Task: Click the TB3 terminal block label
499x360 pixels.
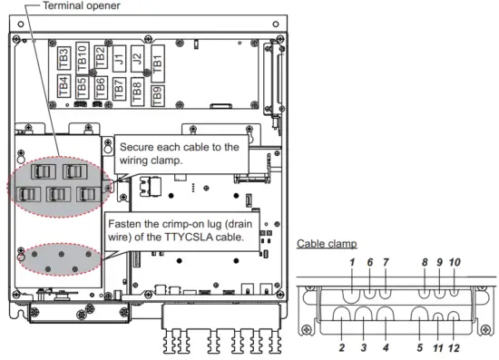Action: tap(64, 58)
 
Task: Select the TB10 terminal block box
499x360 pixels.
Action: tap(82, 59)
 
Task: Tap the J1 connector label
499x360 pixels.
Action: tap(119, 59)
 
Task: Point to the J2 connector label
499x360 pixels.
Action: tap(138, 59)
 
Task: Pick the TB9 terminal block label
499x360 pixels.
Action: tap(158, 96)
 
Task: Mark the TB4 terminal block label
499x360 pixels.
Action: tap(64, 86)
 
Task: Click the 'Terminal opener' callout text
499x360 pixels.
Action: tap(82, 5)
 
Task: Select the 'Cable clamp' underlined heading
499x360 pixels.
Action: tap(327, 244)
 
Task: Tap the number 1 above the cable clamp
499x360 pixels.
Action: tap(352, 262)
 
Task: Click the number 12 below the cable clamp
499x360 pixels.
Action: tap(454, 348)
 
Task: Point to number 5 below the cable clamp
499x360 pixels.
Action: tap(420, 348)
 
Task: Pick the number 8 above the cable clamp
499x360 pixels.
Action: tap(425, 262)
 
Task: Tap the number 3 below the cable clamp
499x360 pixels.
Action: tap(364, 348)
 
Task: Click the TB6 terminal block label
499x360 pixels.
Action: tap(100, 88)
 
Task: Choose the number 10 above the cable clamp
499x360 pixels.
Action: tap(455, 262)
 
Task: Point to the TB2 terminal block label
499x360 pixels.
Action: tap(101, 57)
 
